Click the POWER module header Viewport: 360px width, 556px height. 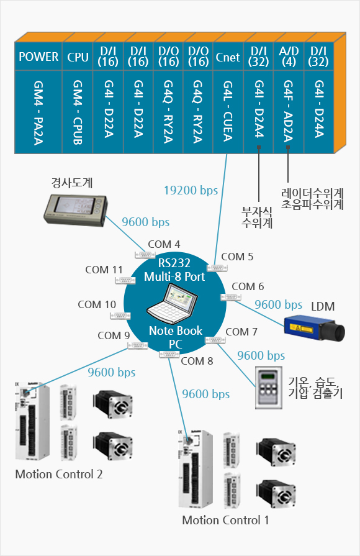pos(38,58)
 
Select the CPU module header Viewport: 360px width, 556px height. pos(78,58)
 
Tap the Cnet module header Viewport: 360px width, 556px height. pos(228,58)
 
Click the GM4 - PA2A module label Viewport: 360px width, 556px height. pos(38,111)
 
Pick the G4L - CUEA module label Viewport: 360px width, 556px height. pos(228,111)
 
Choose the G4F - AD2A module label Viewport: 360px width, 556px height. pos(289,111)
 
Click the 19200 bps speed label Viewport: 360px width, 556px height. pos(191,190)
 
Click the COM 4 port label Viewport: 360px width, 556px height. pos(164,244)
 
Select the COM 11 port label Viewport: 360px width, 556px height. pos(104,269)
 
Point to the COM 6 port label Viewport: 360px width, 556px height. pos(248,286)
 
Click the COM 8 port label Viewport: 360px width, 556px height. pos(197,360)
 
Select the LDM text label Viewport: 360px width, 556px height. pos(323,306)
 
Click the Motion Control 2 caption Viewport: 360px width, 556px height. pos(58,474)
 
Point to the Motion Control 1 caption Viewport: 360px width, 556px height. pos(225,520)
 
